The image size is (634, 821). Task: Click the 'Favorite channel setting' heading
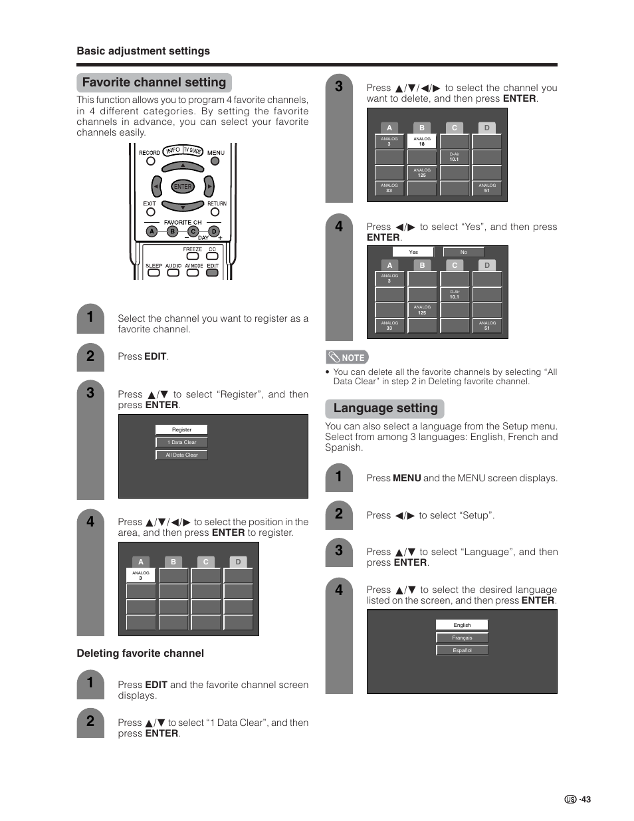[154, 82]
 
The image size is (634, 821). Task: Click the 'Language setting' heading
[385, 408]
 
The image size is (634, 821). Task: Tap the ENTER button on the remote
[182, 187]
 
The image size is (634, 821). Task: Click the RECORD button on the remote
[150, 161]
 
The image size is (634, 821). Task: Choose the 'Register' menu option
[181, 429]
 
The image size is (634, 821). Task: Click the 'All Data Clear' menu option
[181, 455]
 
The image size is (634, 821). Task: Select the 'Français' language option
[462, 638]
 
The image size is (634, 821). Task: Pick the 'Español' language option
[462, 650]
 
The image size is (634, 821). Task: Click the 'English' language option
[462, 625]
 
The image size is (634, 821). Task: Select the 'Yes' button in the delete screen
[413, 252]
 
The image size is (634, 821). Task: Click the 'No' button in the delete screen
[463, 252]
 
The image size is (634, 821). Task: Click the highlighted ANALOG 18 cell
[421, 141]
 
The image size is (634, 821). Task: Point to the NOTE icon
[347, 357]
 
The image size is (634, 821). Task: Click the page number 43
[584, 800]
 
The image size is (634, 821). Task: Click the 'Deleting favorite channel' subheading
[140, 653]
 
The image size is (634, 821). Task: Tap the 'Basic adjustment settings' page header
[143, 51]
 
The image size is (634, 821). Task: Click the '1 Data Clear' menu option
[181, 442]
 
